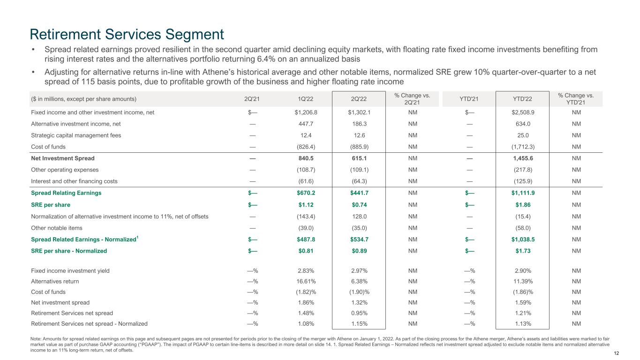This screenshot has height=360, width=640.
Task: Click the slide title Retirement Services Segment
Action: [x=127, y=34]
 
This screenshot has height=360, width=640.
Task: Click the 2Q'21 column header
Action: [x=252, y=98]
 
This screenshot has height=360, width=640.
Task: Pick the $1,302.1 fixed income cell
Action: [x=359, y=112]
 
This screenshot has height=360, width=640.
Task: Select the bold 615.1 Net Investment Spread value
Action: [x=359, y=158]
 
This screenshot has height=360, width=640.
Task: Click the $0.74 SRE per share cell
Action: [x=359, y=205]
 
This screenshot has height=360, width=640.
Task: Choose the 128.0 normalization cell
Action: [x=359, y=216]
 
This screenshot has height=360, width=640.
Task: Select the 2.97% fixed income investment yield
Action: [x=359, y=270]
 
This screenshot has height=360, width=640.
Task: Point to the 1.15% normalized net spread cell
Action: [x=359, y=323]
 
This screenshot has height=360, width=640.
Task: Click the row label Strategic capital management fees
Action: [x=76, y=135]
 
